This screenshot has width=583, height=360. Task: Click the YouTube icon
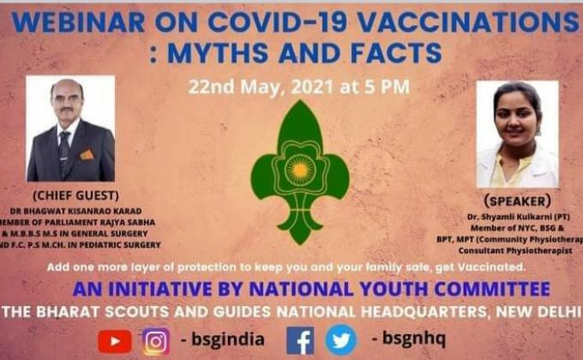115,340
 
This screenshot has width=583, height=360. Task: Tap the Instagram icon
155,340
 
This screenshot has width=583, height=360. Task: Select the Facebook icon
300,340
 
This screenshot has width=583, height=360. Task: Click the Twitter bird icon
341,340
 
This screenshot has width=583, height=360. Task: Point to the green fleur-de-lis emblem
299,171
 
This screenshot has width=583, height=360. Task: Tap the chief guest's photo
70,129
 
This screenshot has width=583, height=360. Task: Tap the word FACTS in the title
392,54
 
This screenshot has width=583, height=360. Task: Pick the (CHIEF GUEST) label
70,195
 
